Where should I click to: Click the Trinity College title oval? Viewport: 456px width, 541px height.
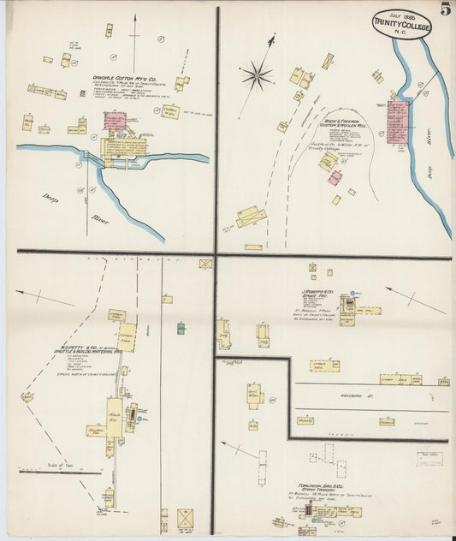401,26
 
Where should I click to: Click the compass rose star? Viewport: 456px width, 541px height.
256,76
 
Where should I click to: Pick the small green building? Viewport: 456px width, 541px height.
181,328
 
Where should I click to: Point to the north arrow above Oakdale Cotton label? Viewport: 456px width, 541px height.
133,34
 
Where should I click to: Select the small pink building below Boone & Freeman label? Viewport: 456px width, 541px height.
335,178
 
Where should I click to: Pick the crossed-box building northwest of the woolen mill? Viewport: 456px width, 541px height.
328,62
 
